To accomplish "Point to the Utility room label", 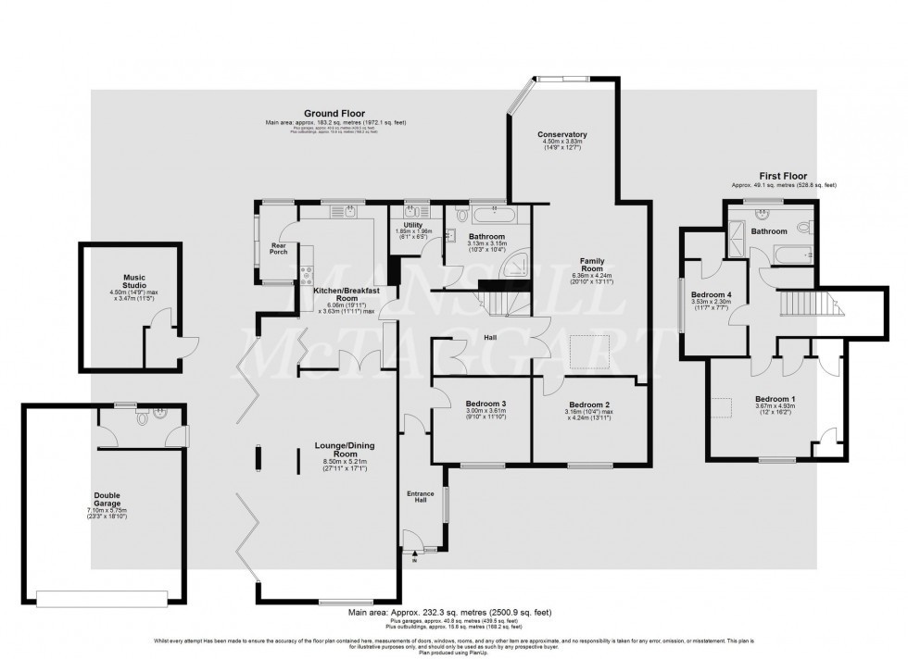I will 413,225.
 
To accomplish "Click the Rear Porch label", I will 278,247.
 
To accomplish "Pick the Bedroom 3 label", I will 486,404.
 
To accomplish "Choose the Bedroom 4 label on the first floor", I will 712,295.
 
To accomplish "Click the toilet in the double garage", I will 142,417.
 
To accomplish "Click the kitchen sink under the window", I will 350,212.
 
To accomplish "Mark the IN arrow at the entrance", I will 414,556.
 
